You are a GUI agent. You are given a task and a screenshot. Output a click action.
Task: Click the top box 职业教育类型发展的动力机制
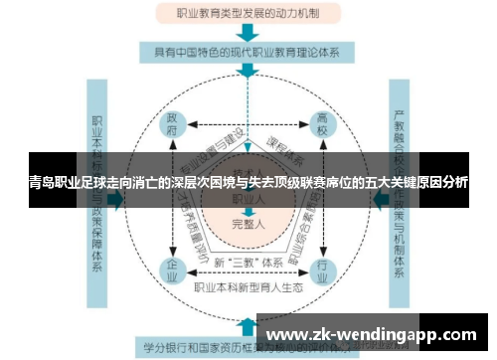[247, 14]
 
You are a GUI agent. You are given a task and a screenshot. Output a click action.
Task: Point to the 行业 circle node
[321, 268]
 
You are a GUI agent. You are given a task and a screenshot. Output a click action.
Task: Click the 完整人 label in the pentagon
[248, 225]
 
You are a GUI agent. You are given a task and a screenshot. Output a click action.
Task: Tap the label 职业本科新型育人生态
[248, 285]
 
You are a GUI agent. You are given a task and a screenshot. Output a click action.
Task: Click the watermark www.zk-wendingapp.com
[372, 334]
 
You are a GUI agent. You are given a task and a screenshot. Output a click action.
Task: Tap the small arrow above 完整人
[248, 213]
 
